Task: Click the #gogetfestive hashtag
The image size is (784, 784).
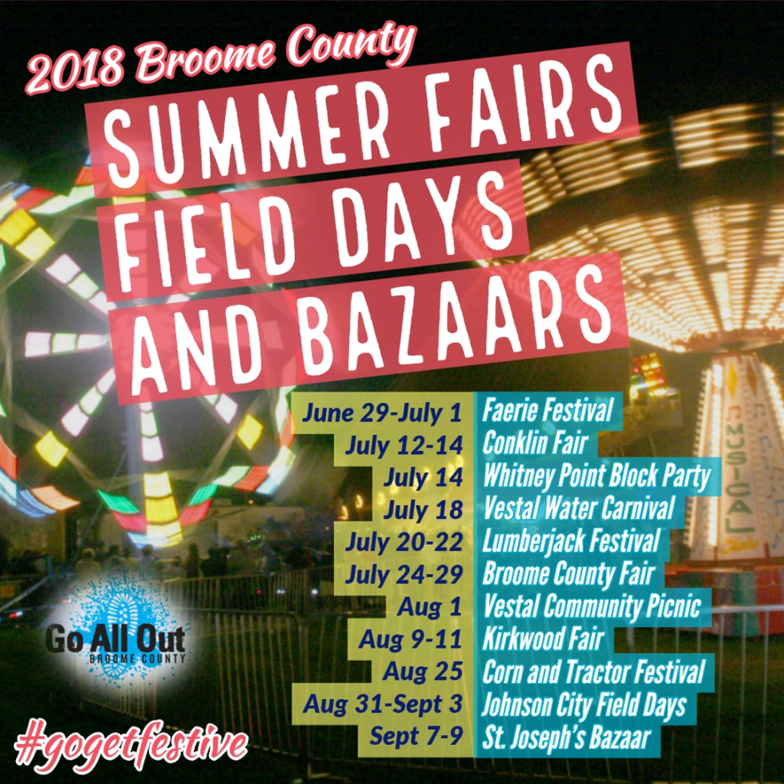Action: click(x=131, y=745)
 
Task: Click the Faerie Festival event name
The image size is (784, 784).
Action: click(x=547, y=410)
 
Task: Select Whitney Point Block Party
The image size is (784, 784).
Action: click(x=596, y=475)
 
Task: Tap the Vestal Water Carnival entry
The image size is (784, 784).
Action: click(x=579, y=508)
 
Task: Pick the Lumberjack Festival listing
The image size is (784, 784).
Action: click(x=571, y=541)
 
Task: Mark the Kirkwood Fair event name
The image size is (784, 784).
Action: click(x=543, y=639)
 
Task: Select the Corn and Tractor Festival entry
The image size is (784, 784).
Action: click(x=593, y=672)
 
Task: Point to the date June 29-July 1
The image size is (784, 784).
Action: click(x=382, y=413)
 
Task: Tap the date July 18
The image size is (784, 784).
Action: click(x=423, y=510)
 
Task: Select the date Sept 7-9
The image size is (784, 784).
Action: click(x=416, y=737)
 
